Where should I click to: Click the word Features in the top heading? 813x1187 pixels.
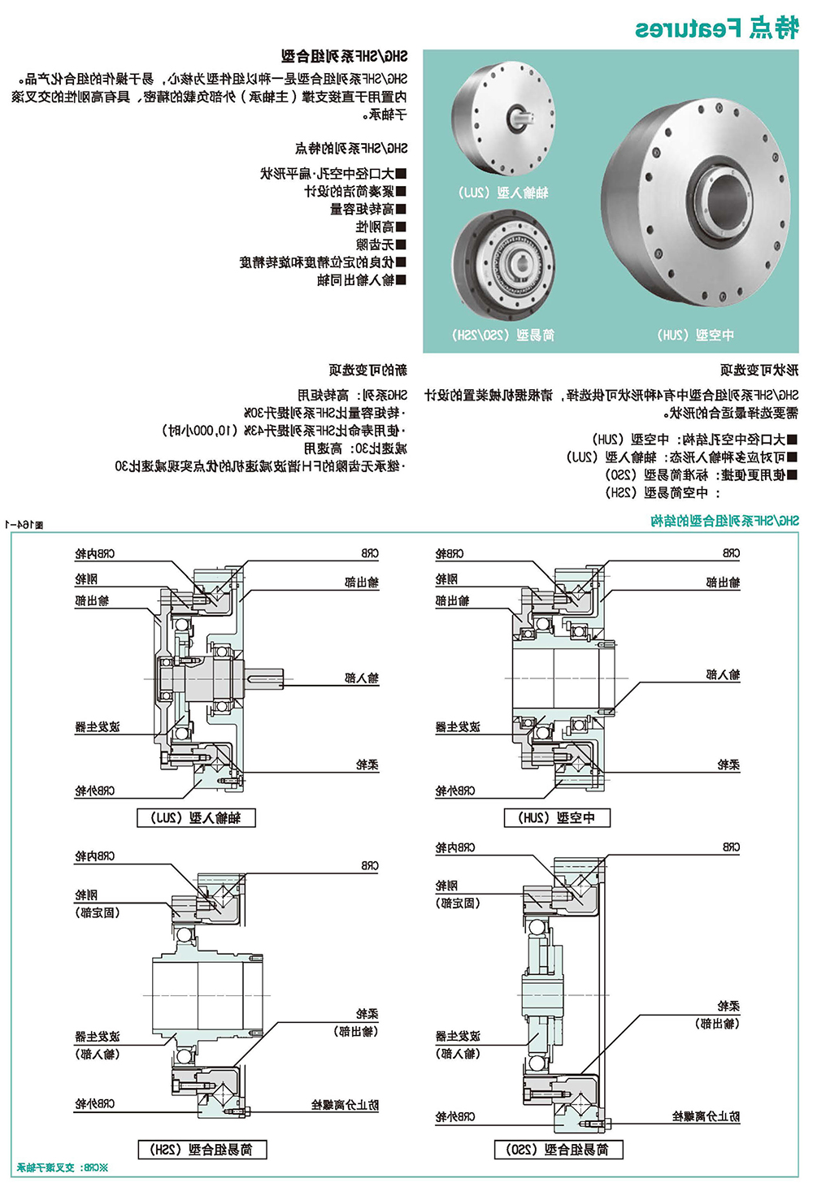click(688, 28)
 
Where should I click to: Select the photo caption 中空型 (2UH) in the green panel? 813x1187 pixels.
click(695, 335)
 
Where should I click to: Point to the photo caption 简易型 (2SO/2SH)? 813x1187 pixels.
click(503, 335)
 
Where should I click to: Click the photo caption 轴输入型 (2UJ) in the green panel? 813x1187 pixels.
click(503, 193)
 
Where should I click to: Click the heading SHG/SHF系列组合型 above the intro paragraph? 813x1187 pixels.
click(345, 56)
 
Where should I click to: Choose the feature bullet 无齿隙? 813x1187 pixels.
click(380, 245)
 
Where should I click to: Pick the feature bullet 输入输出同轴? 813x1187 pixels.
click(361, 280)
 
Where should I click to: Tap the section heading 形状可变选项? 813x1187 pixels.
click(759, 370)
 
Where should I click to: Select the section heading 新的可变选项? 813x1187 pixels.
click(367, 370)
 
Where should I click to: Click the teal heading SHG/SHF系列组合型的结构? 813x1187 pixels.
click(724, 521)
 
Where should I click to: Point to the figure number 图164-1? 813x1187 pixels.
click(24, 525)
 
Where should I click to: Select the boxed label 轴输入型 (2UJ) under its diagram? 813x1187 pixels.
click(196, 818)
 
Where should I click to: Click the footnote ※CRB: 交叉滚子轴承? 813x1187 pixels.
click(63, 1168)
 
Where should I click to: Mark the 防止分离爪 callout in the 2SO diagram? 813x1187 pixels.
click(706, 1117)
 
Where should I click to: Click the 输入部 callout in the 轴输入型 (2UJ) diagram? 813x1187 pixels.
click(362, 678)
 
